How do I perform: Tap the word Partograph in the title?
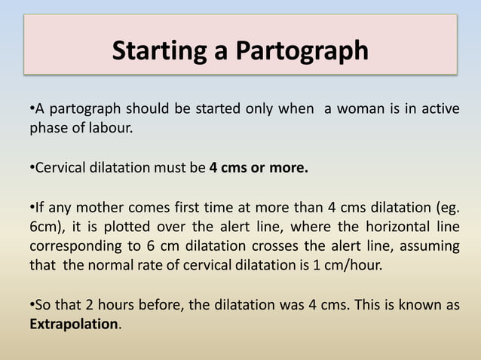[x=301, y=50]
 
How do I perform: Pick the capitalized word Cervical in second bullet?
[x=58, y=168]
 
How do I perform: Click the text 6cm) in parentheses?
[x=46, y=227]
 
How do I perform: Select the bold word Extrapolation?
[x=74, y=325]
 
